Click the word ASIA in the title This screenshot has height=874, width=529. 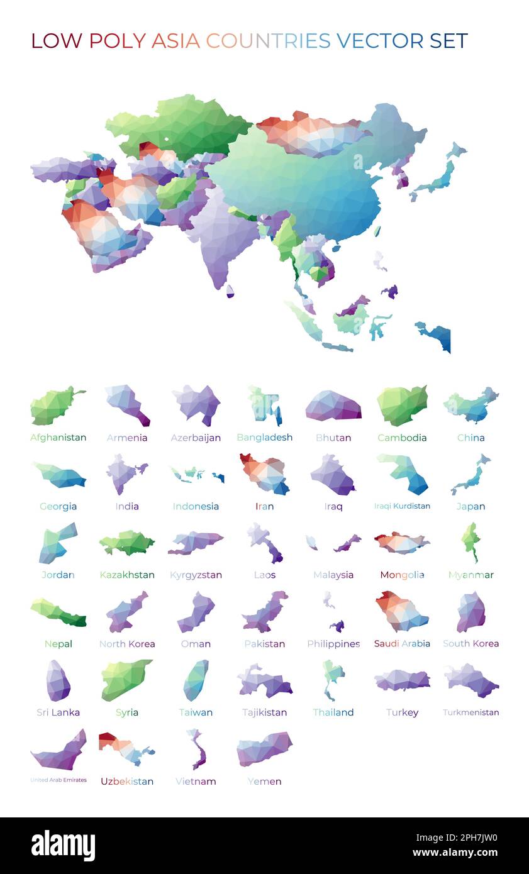click(175, 41)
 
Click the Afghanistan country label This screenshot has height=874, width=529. click(58, 438)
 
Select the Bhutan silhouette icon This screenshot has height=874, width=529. click(333, 406)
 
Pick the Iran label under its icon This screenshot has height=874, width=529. click(264, 506)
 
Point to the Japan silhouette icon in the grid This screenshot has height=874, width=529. click(471, 475)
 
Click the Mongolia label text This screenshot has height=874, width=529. click(402, 575)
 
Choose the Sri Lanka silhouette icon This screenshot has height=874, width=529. click(58, 680)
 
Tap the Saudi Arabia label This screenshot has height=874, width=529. click(402, 643)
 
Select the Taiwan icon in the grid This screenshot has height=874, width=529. click(196, 680)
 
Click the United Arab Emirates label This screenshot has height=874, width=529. click(58, 780)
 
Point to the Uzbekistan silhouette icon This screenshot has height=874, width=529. click(126, 748)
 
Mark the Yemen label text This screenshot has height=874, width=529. click(264, 782)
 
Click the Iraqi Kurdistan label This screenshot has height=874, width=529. click(402, 506)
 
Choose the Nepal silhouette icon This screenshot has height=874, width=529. click(58, 612)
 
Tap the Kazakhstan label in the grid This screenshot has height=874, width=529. click(126, 575)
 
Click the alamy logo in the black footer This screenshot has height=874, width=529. click(63, 846)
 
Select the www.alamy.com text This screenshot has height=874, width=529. click(455, 853)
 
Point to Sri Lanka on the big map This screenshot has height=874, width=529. click(230, 291)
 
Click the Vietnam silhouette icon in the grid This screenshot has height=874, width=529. click(196, 749)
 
